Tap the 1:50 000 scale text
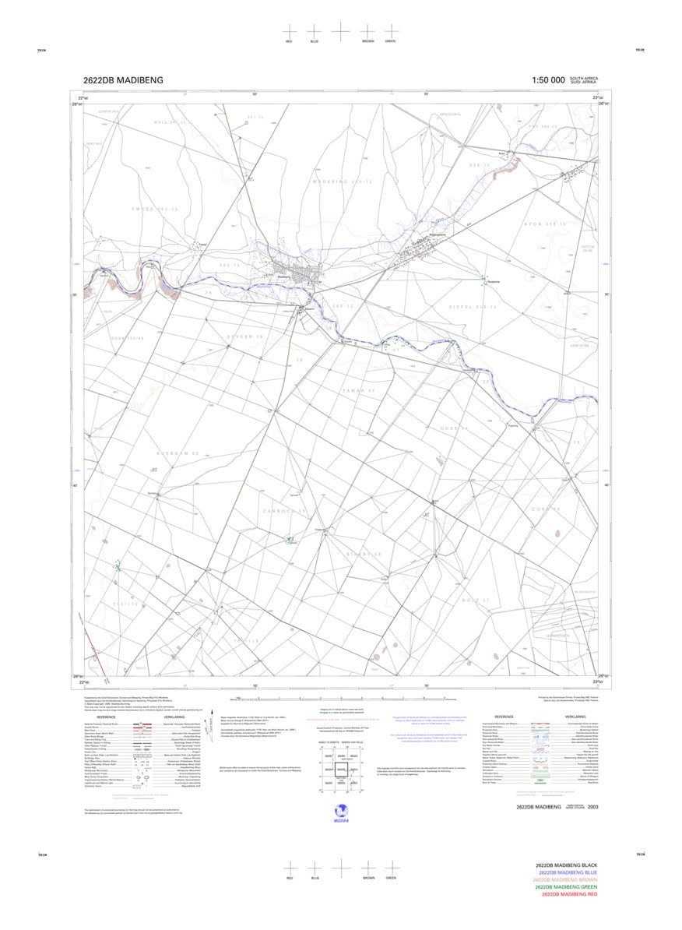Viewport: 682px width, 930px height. point(548,80)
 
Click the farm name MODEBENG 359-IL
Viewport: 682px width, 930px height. point(339,181)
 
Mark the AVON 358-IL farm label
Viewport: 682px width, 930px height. point(543,224)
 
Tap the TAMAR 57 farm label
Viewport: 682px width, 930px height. point(360,389)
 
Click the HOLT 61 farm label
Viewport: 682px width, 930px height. point(475,601)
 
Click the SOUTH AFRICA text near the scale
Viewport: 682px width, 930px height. point(584,78)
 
